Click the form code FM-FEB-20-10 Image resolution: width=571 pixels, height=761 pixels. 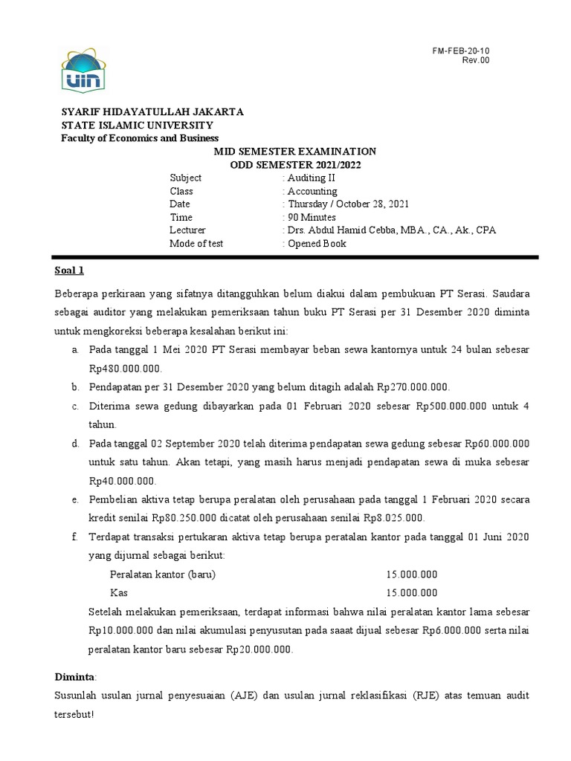coord(461,51)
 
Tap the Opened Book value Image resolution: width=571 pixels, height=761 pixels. coord(317,244)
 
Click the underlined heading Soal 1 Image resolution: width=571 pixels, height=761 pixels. coord(70,270)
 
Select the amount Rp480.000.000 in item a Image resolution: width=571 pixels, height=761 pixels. coord(124,368)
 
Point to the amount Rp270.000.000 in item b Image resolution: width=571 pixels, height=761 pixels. coord(413,386)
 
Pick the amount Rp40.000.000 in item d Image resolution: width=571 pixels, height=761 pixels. coord(122,481)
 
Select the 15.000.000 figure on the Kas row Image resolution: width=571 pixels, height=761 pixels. coord(412,593)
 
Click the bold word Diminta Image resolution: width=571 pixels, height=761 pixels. coord(75,677)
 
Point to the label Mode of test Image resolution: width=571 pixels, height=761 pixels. coord(196,244)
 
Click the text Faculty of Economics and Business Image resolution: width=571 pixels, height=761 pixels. coord(140,138)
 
